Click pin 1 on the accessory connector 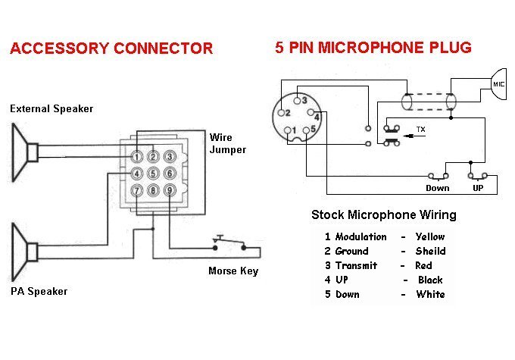pyautogui.click(x=136, y=157)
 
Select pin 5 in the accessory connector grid pyautogui.click(x=153, y=174)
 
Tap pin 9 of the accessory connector pyautogui.click(x=170, y=190)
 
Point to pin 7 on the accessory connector pyautogui.click(x=136, y=190)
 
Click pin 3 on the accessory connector pyautogui.click(x=170, y=157)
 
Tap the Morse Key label pyautogui.click(x=233, y=271)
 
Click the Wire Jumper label pyautogui.click(x=227, y=143)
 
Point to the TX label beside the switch pyautogui.click(x=421, y=130)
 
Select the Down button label pyautogui.click(x=437, y=188)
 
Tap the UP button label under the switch pyautogui.click(x=478, y=188)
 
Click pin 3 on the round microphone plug pyautogui.click(x=303, y=100)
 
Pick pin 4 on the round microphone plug pyautogui.click(x=317, y=117)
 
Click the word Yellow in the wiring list pyautogui.click(x=430, y=236)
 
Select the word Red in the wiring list pyautogui.click(x=423, y=265)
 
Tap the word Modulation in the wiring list pyautogui.click(x=360, y=236)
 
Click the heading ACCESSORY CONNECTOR pyautogui.click(x=111, y=49)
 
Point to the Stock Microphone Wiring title pyautogui.click(x=384, y=215)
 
